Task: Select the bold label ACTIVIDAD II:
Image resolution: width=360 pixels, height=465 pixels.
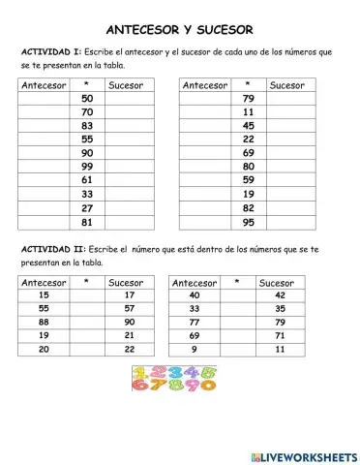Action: click(50, 249)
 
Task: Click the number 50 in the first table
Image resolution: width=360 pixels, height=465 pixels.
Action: click(88, 99)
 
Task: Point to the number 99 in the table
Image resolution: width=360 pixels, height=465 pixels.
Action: click(88, 167)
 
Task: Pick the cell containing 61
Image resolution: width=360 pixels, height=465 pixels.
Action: click(88, 180)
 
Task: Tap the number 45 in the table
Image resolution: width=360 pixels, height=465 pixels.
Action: click(249, 126)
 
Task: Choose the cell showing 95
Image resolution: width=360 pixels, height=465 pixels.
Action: click(249, 222)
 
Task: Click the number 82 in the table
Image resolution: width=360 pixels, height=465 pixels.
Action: click(249, 208)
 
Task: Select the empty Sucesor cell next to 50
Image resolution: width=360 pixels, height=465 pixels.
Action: click(127, 99)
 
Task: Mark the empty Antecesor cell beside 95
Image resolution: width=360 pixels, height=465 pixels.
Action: click(204, 222)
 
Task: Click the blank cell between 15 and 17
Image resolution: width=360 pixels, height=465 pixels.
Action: click(87, 294)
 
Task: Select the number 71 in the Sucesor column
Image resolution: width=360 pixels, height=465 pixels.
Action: click(281, 335)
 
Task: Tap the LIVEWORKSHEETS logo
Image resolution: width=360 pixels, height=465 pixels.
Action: click(303, 456)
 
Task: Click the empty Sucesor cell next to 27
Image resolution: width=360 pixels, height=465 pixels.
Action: click(127, 208)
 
